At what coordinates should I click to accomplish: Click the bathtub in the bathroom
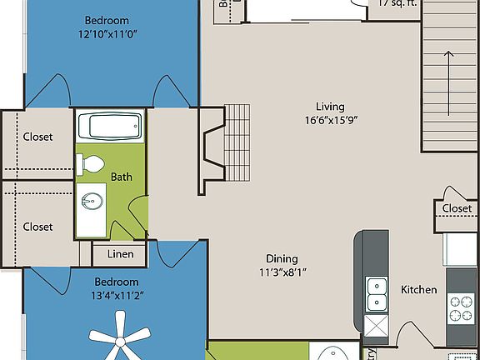pyautogui.click(x=110, y=127)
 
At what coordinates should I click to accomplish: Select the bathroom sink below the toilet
pyautogui.click(x=92, y=202)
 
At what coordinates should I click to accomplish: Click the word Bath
pyautogui.click(x=122, y=177)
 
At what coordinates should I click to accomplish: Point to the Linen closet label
pyautogui.click(x=118, y=252)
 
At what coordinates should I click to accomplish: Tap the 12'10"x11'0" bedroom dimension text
pyautogui.click(x=107, y=35)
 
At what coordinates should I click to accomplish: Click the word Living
pyautogui.click(x=330, y=106)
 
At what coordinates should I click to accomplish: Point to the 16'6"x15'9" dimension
pyautogui.click(x=330, y=120)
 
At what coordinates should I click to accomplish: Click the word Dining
pyautogui.click(x=282, y=258)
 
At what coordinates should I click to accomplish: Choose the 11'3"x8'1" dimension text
pyautogui.click(x=282, y=272)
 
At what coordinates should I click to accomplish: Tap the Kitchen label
pyautogui.click(x=418, y=290)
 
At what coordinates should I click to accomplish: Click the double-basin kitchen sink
pyautogui.click(x=377, y=292)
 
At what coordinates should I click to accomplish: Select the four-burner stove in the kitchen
pyautogui.click(x=461, y=308)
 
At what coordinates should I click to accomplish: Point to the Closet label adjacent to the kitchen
pyautogui.click(x=457, y=208)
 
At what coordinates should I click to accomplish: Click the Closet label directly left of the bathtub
pyautogui.click(x=37, y=137)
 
